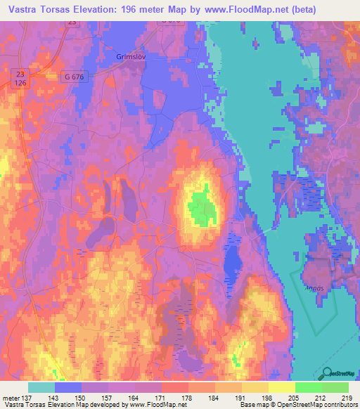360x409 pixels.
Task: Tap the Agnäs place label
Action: (x=314, y=277)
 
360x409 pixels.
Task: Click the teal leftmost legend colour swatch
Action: (x=41, y=387)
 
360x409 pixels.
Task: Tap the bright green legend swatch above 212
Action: (x=308, y=387)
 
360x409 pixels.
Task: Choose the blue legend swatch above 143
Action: (x=68, y=387)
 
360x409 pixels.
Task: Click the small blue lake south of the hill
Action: (x=233, y=264)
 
